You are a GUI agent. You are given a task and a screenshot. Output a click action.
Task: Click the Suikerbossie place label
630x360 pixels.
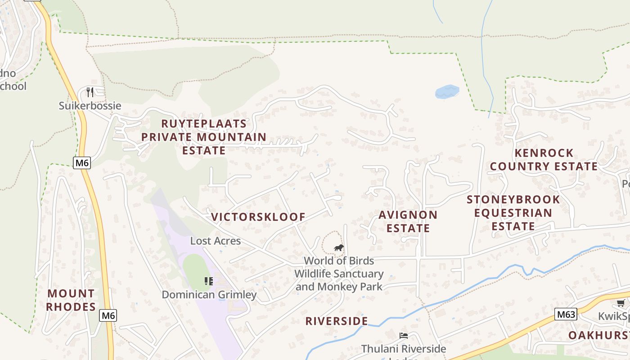(x=90, y=106)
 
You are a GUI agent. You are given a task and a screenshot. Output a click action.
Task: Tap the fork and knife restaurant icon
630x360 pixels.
(x=90, y=92)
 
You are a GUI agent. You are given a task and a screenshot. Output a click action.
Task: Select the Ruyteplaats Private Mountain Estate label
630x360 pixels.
(x=204, y=137)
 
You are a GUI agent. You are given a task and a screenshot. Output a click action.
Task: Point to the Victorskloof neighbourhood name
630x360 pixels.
(x=258, y=217)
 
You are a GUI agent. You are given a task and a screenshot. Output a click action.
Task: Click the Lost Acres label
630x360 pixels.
(x=216, y=241)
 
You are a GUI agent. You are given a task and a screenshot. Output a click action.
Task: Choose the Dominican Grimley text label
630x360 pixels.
(x=209, y=295)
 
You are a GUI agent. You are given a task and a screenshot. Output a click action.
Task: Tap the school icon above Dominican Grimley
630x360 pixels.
(x=208, y=281)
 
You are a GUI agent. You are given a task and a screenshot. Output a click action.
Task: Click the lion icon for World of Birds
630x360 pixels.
(x=338, y=248)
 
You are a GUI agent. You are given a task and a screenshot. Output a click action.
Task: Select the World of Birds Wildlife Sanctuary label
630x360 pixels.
(x=339, y=274)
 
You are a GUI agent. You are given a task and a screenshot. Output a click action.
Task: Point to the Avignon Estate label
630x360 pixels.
(x=408, y=221)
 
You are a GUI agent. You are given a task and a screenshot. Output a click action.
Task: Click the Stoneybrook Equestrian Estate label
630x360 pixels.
(x=513, y=212)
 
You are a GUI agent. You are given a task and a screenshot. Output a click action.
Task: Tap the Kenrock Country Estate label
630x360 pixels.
(x=544, y=160)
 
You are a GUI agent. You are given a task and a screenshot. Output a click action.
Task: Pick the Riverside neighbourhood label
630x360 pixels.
(x=337, y=321)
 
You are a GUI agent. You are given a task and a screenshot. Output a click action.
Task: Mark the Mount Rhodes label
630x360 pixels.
(x=71, y=300)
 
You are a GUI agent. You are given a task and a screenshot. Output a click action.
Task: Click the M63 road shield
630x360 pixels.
(x=565, y=314)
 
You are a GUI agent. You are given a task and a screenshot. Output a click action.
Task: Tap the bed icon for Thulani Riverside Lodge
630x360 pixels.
(x=404, y=336)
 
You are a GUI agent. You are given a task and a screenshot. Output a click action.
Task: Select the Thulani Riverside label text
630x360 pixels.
(x=404, y=349)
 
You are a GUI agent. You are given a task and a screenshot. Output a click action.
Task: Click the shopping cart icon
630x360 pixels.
(x=621, y=303)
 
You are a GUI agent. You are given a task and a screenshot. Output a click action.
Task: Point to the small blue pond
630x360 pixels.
(x=447, y=92)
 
